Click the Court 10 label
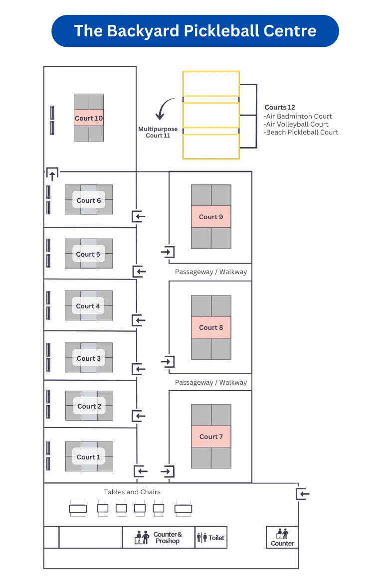(89, 118)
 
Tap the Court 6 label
(89, 200)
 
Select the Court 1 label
(89, 457)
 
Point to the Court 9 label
(211, 217)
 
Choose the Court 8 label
(211, 327)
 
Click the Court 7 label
(211, 437)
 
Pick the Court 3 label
(89, 358)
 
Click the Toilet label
(216, 538)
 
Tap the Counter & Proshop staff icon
(142, 537)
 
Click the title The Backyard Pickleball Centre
(195, 31)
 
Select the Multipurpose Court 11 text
(158, 132)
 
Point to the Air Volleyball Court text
(297, 124)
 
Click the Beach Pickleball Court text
(302, 132)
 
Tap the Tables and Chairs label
(132, 492)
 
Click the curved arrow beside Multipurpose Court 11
(164, 109)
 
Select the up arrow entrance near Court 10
(52, 174)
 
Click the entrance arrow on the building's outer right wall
(303, 494)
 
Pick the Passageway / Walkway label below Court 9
(211, 272)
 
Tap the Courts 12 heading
(280, 107)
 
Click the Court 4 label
(88, 306)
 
